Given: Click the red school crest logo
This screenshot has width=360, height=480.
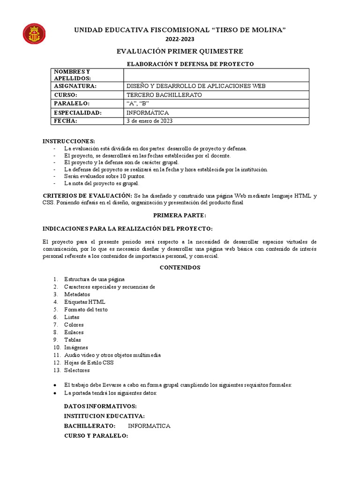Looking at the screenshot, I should (34, 34).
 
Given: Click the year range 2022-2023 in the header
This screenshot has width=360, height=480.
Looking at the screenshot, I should (180, 39).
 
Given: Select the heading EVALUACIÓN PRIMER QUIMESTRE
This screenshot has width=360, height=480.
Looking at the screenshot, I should (180, 51).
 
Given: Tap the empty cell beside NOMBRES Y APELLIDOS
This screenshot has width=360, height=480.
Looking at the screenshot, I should (216, 75).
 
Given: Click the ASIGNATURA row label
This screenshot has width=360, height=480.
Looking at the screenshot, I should (75, 86).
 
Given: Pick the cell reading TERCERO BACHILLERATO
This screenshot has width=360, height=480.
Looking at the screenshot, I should (164, 95).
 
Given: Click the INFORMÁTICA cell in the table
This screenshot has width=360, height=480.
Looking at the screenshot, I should (148, 112).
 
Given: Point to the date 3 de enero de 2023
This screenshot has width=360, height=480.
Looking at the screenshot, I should (150, 121).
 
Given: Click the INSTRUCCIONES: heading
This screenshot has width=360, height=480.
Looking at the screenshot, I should (69, 141).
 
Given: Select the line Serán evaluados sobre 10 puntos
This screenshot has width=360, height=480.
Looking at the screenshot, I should (105, 176).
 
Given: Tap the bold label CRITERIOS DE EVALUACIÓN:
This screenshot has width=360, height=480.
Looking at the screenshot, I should (88, 195).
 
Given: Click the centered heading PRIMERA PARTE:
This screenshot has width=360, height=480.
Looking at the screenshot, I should (180, 215).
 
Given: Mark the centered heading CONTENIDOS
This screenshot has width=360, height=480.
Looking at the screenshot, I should (180, 268).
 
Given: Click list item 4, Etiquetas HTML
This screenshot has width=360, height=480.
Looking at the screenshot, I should (85, 302).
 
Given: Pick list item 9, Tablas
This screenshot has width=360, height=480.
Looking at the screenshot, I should (73, 340).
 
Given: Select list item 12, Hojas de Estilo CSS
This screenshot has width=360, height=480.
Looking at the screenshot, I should (89, 362).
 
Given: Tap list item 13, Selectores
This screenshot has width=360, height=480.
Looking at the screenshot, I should (76, 370).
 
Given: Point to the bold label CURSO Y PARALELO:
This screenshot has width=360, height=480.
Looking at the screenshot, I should (96, 435).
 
